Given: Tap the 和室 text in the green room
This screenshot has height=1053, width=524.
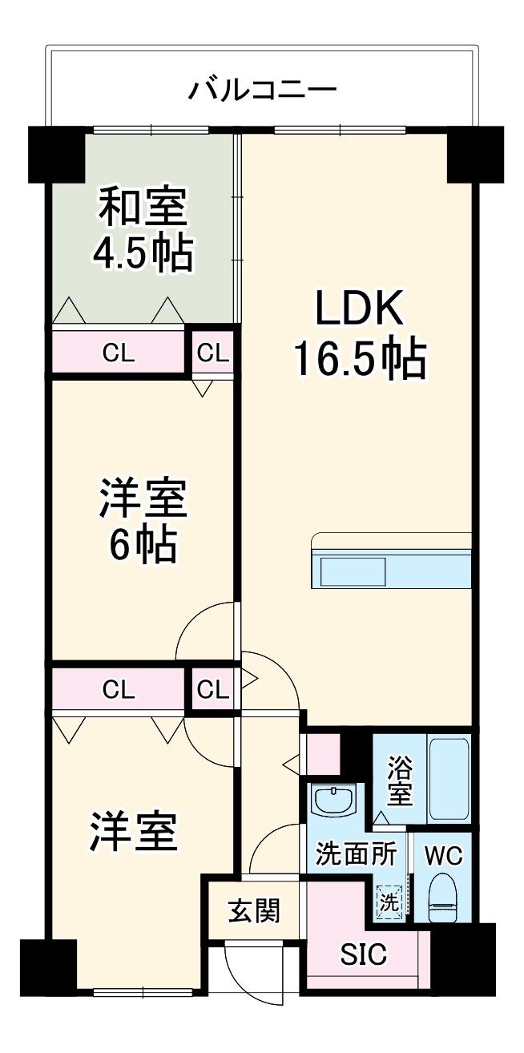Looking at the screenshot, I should [143, 207].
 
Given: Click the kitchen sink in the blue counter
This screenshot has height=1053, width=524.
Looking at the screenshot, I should [353, 571].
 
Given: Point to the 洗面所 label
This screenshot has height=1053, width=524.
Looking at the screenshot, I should [356, 854].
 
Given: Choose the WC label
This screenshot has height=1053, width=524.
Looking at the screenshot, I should [443, 856].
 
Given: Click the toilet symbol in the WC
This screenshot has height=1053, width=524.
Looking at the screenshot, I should [443, 898].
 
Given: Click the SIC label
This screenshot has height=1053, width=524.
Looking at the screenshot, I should [364, 954].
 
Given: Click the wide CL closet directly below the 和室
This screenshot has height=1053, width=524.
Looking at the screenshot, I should [119, 351].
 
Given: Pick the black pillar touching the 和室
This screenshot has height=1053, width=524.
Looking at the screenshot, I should [56, 153].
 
